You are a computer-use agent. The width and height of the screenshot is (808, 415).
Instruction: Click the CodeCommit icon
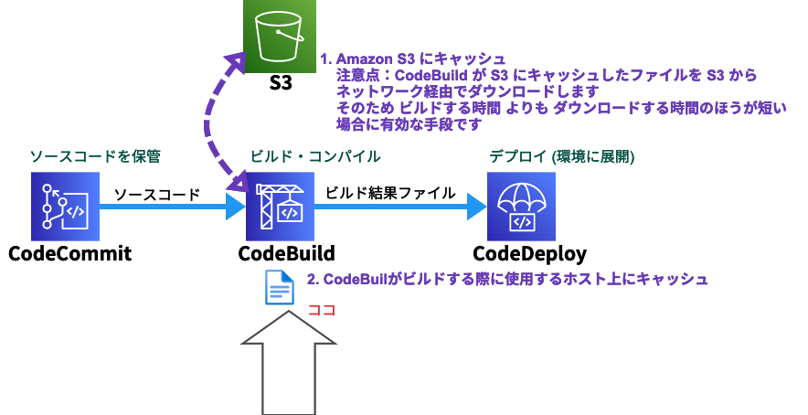click(x=67, y=207)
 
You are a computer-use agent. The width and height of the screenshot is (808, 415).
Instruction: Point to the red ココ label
click(x=322, y=310)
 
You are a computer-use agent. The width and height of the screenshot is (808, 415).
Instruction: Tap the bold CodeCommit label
click(x=69, y=253)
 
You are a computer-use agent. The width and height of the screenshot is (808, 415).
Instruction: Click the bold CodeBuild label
click(x=286, y=253)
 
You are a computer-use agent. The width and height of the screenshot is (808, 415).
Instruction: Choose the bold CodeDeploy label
click(x=529, y=253)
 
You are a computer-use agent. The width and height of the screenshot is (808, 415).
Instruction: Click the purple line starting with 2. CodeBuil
click(x=507, y=279)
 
